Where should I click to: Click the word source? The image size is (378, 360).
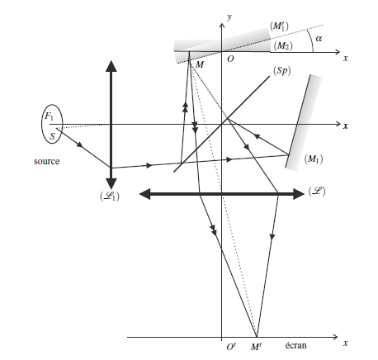pos(46,161)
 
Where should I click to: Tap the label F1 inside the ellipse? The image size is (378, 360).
pos(49,116)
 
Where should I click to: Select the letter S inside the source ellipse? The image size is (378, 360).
pos(52,136)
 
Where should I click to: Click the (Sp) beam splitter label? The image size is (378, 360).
pos(281,71)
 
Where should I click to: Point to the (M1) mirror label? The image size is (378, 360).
pos(314,159)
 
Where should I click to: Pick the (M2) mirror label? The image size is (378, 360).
pos(283,45)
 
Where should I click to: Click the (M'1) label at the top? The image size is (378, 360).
pos(280,26)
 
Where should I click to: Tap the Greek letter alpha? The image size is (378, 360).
pos(319,39)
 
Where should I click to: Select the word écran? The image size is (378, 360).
pos(295,345)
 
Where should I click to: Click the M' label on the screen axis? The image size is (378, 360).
pos(256,347)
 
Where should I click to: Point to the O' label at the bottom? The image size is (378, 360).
pos(231,347)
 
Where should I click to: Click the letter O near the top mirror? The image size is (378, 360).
pos(230,59)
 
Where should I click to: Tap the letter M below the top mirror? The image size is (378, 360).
pos(200,64)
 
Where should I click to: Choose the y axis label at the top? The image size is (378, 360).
pos(229,17)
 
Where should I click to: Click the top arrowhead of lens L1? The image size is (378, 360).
pos(111,66)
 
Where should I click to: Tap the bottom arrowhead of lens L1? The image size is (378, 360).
pos(111,183)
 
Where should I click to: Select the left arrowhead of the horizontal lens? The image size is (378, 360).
pos(145,194)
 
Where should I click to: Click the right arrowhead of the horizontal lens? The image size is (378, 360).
pos(299,194)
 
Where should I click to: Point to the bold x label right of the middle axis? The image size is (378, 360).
pos(346,126)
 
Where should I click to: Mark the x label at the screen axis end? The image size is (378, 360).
pos(346,343)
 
